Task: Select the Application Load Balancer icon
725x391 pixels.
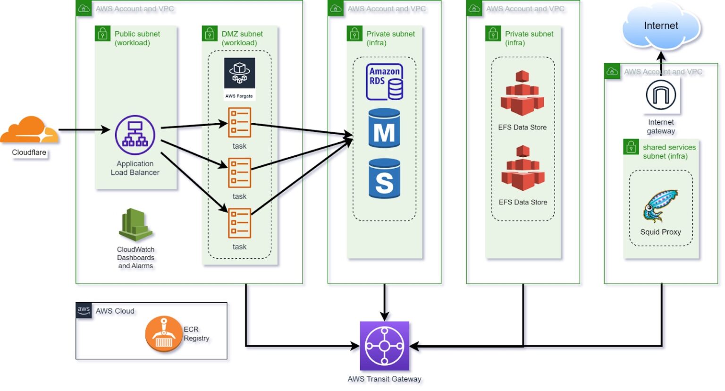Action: tap(135, 135)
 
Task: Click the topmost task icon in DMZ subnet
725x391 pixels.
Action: tap(239, 123)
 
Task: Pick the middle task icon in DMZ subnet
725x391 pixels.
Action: tap(239, 173)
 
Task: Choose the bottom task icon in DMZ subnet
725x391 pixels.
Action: tap(239, 223)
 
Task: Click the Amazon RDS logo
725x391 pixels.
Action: tap(385, 82)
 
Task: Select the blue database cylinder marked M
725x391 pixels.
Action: tap(384, 128)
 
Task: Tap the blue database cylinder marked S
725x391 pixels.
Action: tap(384, 178)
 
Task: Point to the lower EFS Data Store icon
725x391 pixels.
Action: tap(523, 169)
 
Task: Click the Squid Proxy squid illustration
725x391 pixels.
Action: tap(660, 206)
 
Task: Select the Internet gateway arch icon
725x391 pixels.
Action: tap(661, 95)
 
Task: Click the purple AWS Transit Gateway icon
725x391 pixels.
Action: tap(384, 346)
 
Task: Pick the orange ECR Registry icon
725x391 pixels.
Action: tap(163, 334)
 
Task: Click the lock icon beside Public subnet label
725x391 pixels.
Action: tap(102, 34)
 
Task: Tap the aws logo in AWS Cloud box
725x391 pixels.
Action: tap(84, 310)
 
